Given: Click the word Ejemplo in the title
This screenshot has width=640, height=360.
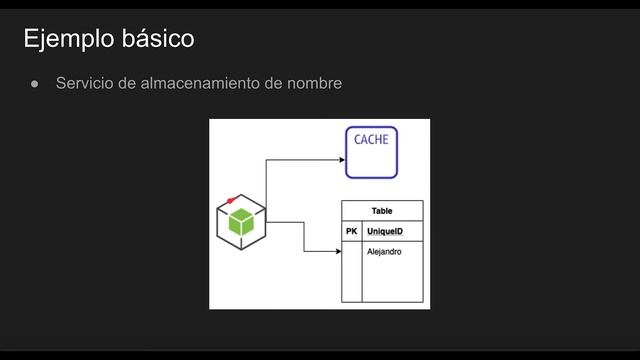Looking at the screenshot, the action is tap(65, 39).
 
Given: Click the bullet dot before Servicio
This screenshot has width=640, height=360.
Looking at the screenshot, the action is tap(34, 84).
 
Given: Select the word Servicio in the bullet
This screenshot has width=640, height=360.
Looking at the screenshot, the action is tap(83, 83).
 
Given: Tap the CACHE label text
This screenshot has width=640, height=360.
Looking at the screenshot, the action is tap(371, 140).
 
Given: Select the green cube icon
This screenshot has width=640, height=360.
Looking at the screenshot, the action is tap(241, 223).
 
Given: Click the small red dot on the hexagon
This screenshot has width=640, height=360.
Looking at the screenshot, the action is tap(231, 201).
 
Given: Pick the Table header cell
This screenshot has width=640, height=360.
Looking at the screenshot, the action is tap(382, 211).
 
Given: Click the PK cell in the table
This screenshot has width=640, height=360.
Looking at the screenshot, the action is tap(351, 232).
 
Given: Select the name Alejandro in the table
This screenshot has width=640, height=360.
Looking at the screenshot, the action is tap(384, 251).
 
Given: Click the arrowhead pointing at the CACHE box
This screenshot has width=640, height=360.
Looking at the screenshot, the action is tap(341, 158).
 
